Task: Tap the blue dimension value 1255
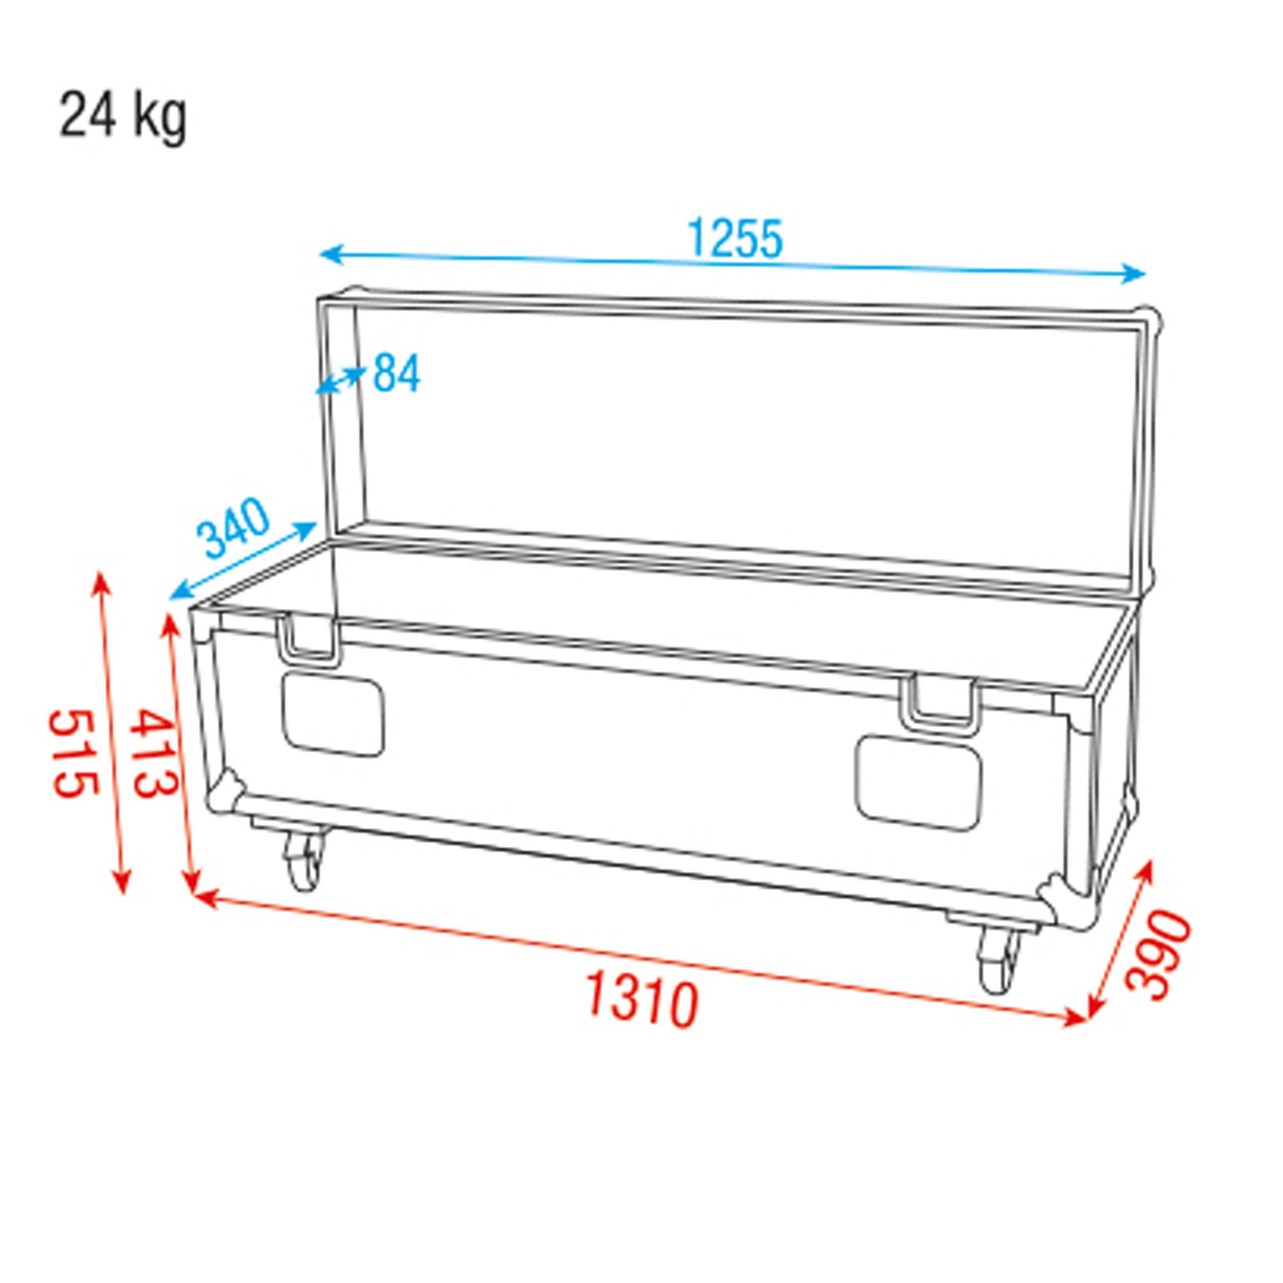coord(735,239)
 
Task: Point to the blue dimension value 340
coord(235,528)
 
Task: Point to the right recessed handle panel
coord(919,782)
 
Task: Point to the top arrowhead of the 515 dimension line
coord(101,582)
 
